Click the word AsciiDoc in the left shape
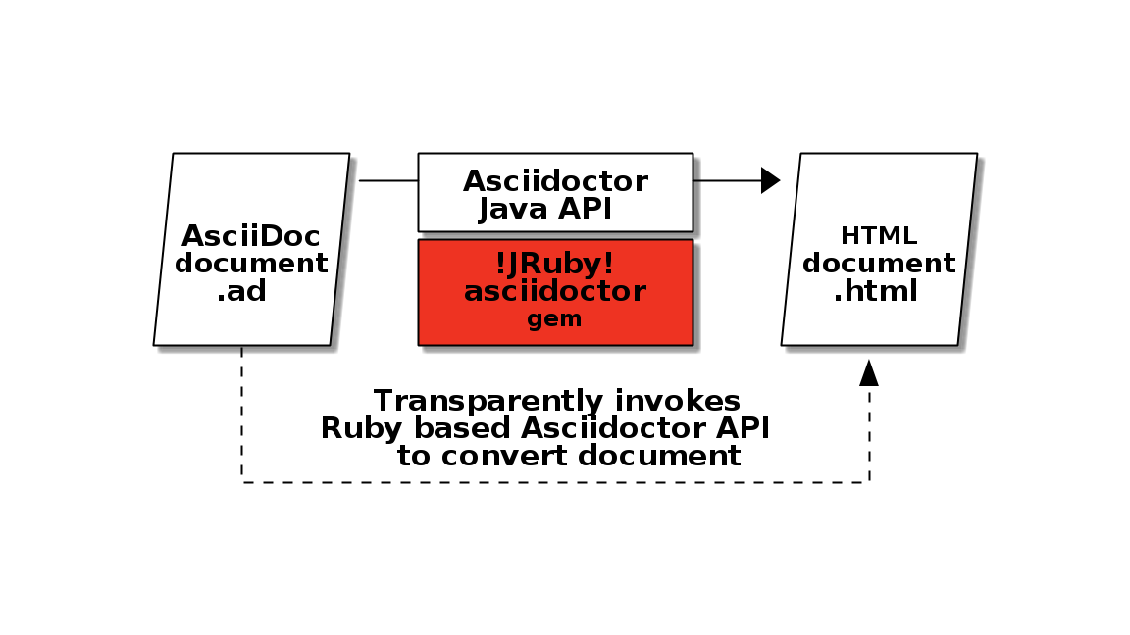[251, 236]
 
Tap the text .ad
[241, 291]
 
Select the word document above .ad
[251, 264]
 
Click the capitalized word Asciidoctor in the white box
[555, 181]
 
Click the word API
[586, 209]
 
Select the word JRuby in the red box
[555, 264]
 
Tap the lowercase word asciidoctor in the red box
[555, 291]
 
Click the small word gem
[555, 318]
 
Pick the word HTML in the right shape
[879, 236]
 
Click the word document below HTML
[879, 264]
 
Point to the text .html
[875, 291]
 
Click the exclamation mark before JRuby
[501, 264]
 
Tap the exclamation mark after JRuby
[609, 264]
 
